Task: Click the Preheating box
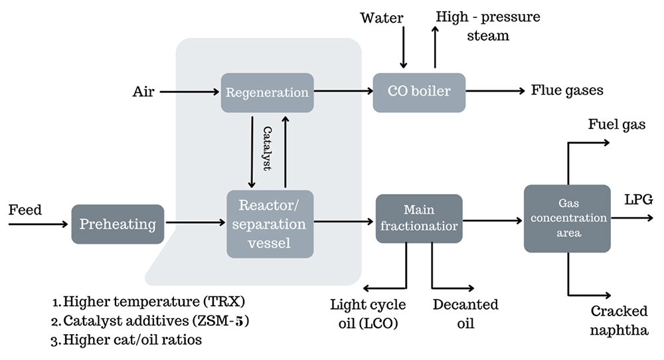pos(118,224)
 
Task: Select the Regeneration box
pos(267,92)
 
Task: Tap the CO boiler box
pos(419,91)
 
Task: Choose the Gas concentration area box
pos(567,218)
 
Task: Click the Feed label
pos(25,211)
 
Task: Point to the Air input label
pos(143,92)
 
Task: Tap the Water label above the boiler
pos(382,18)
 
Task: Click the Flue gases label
pos(567,90)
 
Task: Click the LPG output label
pos(639,199)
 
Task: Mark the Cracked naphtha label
pos(619,320)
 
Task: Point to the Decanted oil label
pos(465,314)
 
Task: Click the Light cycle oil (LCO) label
pos(369,314)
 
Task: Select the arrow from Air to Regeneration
pos(190,92)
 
